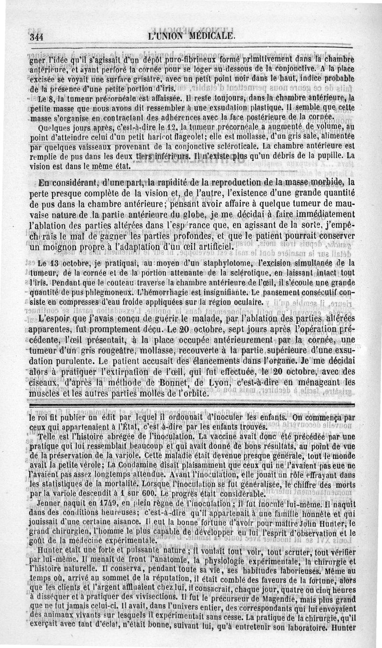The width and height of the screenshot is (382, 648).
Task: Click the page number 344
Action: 36,36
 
